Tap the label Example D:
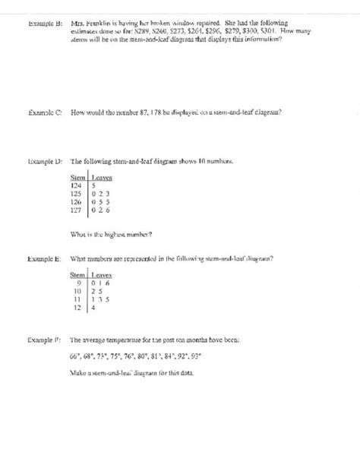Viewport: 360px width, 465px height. (x=43, y=162)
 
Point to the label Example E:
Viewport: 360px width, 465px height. (x=43, y=258)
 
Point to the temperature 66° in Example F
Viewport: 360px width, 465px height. (x=74, y=355)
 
